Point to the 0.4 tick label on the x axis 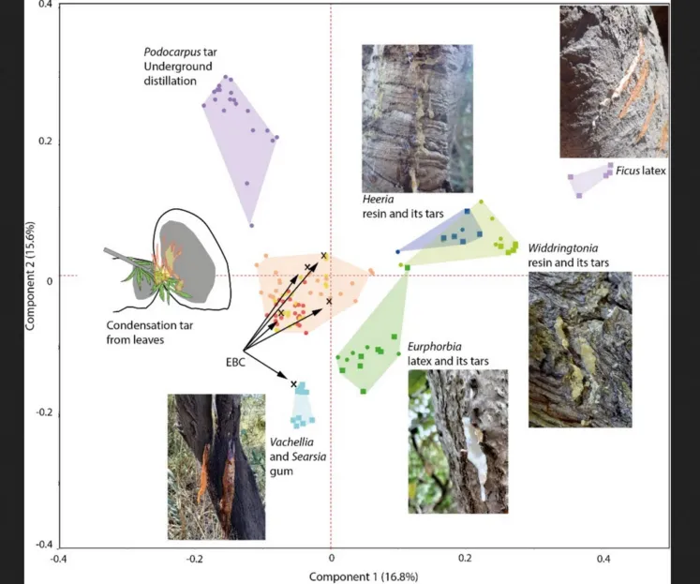pos(601,559)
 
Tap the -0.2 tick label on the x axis pos(193,559)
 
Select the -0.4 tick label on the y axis pos(41,545)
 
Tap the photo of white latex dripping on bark pos(457,441)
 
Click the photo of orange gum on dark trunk pos(215,466)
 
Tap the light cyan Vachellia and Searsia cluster pos(302,404)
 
